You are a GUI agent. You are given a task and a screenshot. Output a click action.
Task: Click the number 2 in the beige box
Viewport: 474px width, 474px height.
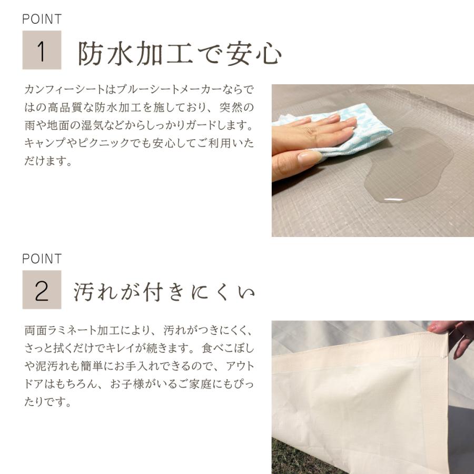[x=42, y=291]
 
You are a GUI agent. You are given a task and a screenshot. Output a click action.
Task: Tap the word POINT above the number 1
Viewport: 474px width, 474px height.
[x=42, y=19]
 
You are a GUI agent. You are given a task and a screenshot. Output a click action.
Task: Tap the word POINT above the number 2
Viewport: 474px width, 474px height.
[x=42, y=259]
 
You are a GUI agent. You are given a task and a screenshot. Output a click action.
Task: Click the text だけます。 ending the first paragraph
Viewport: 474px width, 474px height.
[x=47, y=161]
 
